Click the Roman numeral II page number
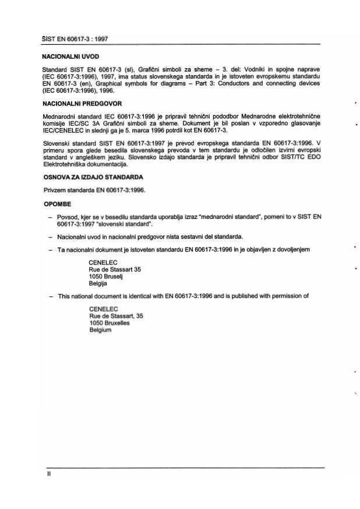[x=50, y=474]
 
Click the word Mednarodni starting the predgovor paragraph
[x=59, y=116]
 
